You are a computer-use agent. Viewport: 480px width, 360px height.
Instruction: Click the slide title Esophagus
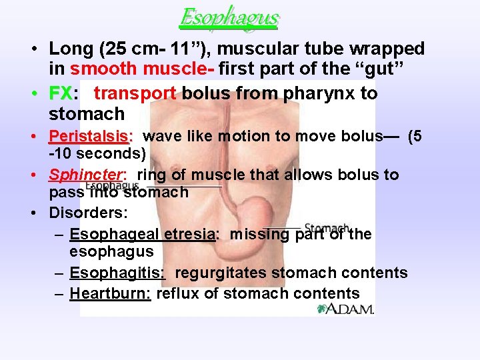[x=229, y=17]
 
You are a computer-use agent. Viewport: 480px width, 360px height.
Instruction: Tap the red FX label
[x=59, y=93]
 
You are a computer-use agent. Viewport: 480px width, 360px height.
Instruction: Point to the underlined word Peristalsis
[x=91, y=137]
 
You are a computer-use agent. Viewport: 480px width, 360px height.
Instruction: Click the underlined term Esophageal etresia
[x=143, y=234]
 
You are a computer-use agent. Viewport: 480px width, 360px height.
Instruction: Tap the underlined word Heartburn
[x=110, y=293]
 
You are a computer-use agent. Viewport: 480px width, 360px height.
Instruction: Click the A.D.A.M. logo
[x=345, y=309]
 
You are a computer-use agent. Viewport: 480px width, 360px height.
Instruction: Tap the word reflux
[x=177, y=293]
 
